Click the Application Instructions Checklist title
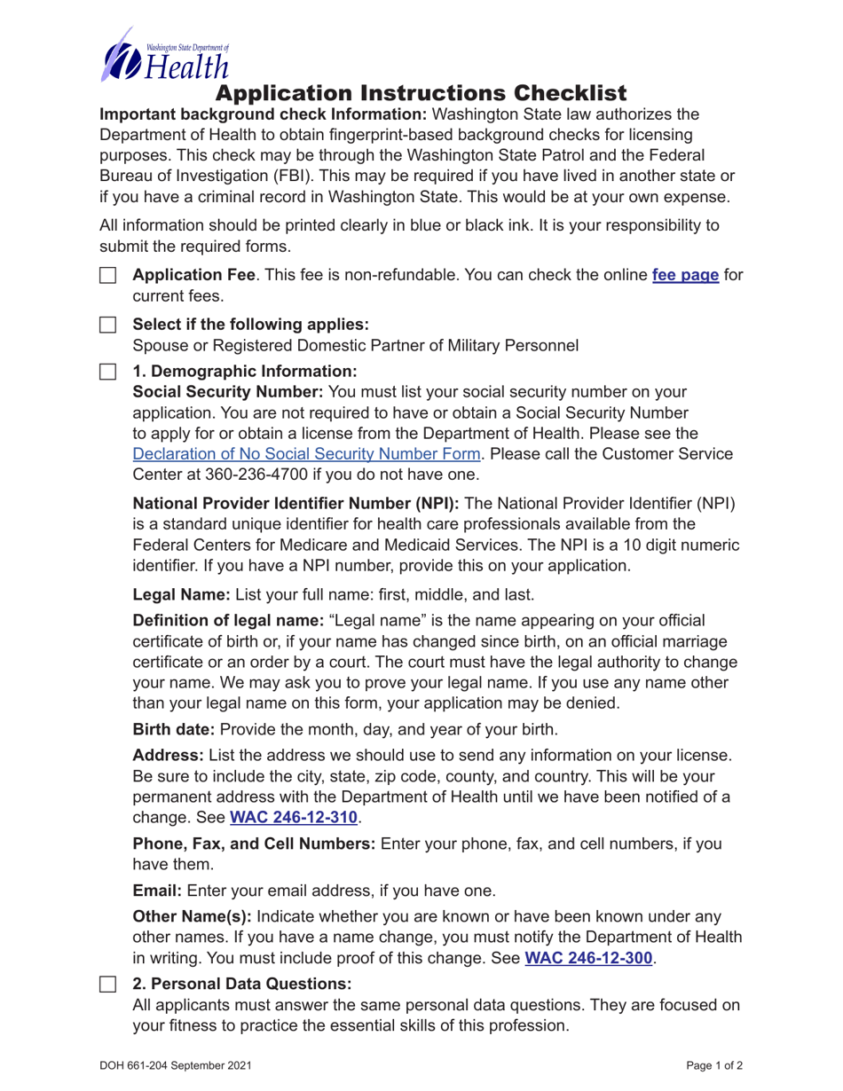421,93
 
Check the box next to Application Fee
107,276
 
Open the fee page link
685,275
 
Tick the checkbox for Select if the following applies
107,325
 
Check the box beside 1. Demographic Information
107,371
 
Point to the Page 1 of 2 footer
713,1065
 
